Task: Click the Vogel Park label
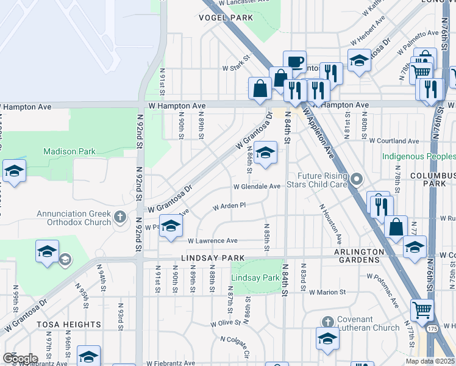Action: [226, 18]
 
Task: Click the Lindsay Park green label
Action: [255, 278]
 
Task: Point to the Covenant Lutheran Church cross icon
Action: [327, 321]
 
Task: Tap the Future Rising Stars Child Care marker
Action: [357, 179]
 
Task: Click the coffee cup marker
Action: [295, 61]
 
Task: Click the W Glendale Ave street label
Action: [257, 187]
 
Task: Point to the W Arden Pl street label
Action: [229, 206]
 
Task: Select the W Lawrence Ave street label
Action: [213, 241]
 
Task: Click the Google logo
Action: [20, 358]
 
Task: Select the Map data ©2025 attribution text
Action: [431, 361]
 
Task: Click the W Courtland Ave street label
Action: [394, 141]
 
